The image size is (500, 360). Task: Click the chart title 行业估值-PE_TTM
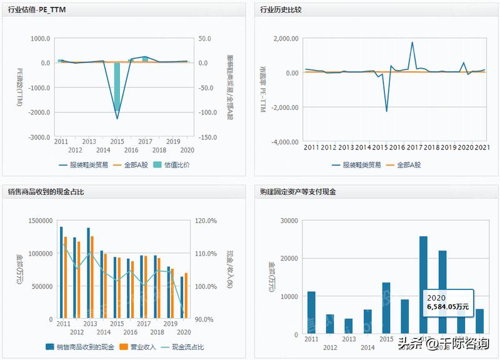pos(37,11)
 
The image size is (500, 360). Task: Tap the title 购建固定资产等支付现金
pos(298,192)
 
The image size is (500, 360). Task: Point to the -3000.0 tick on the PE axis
pos(39,137)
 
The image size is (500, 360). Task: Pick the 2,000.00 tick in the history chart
pos(284,39)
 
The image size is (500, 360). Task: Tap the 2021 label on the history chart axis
pos(482,147)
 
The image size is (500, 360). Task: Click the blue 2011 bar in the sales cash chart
pos(61,272)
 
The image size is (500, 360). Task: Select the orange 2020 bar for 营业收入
pos(186,296)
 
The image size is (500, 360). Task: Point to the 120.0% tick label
pos(205,221)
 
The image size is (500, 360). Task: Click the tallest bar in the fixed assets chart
pos(423,284)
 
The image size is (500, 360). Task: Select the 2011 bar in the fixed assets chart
pos(311,312)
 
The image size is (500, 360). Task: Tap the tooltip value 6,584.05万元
pos(449,307)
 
